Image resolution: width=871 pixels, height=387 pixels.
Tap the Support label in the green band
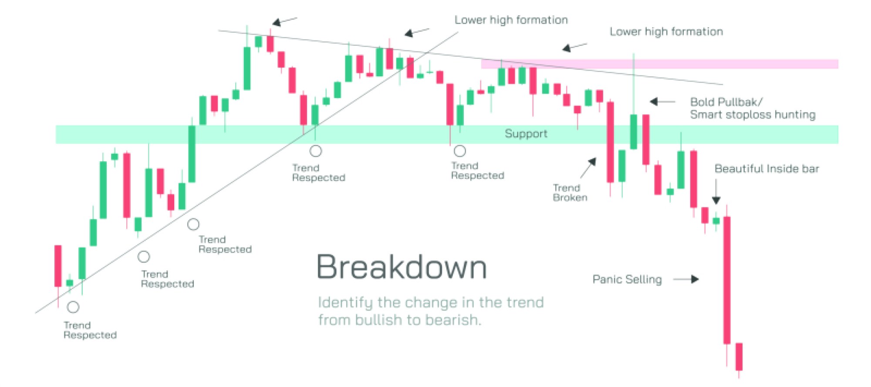click(x=526, y=134)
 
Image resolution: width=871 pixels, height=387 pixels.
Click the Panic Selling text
click(x=627, y=279)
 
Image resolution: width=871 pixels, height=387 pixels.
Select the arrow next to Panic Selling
click(x=686, y=279)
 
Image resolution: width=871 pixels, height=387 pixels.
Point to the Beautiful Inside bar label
click(x=766, y=169)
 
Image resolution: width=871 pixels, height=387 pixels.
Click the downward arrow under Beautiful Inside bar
click(x=716, y=191)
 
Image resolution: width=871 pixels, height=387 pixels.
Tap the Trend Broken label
click(x=570, y=193)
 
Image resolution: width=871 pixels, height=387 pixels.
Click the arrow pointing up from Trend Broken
click(x=588, y=168)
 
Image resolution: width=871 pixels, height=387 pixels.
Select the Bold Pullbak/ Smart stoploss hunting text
click(x=752, y=108)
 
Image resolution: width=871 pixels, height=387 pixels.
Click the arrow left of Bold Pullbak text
click(x=662, y=102)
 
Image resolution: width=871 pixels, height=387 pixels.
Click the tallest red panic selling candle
click(x=726, y=279)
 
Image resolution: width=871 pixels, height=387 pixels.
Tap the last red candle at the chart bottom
click(x=739, y=356)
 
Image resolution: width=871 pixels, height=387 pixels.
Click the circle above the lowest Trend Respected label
click(x=73, y=307)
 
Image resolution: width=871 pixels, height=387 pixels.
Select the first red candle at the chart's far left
click(x=58, y=266)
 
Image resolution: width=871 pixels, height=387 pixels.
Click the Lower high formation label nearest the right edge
click(x=666, y=32)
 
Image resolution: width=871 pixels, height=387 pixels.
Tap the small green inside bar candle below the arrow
click(x=716, y=221)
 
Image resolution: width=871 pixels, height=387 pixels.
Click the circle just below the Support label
click(x=460, y=151)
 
